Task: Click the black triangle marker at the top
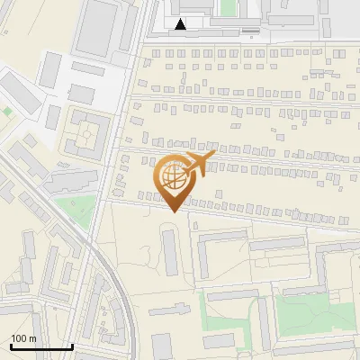click(183, 24)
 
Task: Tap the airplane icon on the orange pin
click(197, 163)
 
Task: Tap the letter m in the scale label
click(33, 338)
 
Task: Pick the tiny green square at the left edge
click(7, 112)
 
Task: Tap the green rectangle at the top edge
click(228, 7)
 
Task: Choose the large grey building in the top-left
click(97, 26)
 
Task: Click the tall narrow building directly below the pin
click(170, 252)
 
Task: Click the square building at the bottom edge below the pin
click(162, 346)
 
